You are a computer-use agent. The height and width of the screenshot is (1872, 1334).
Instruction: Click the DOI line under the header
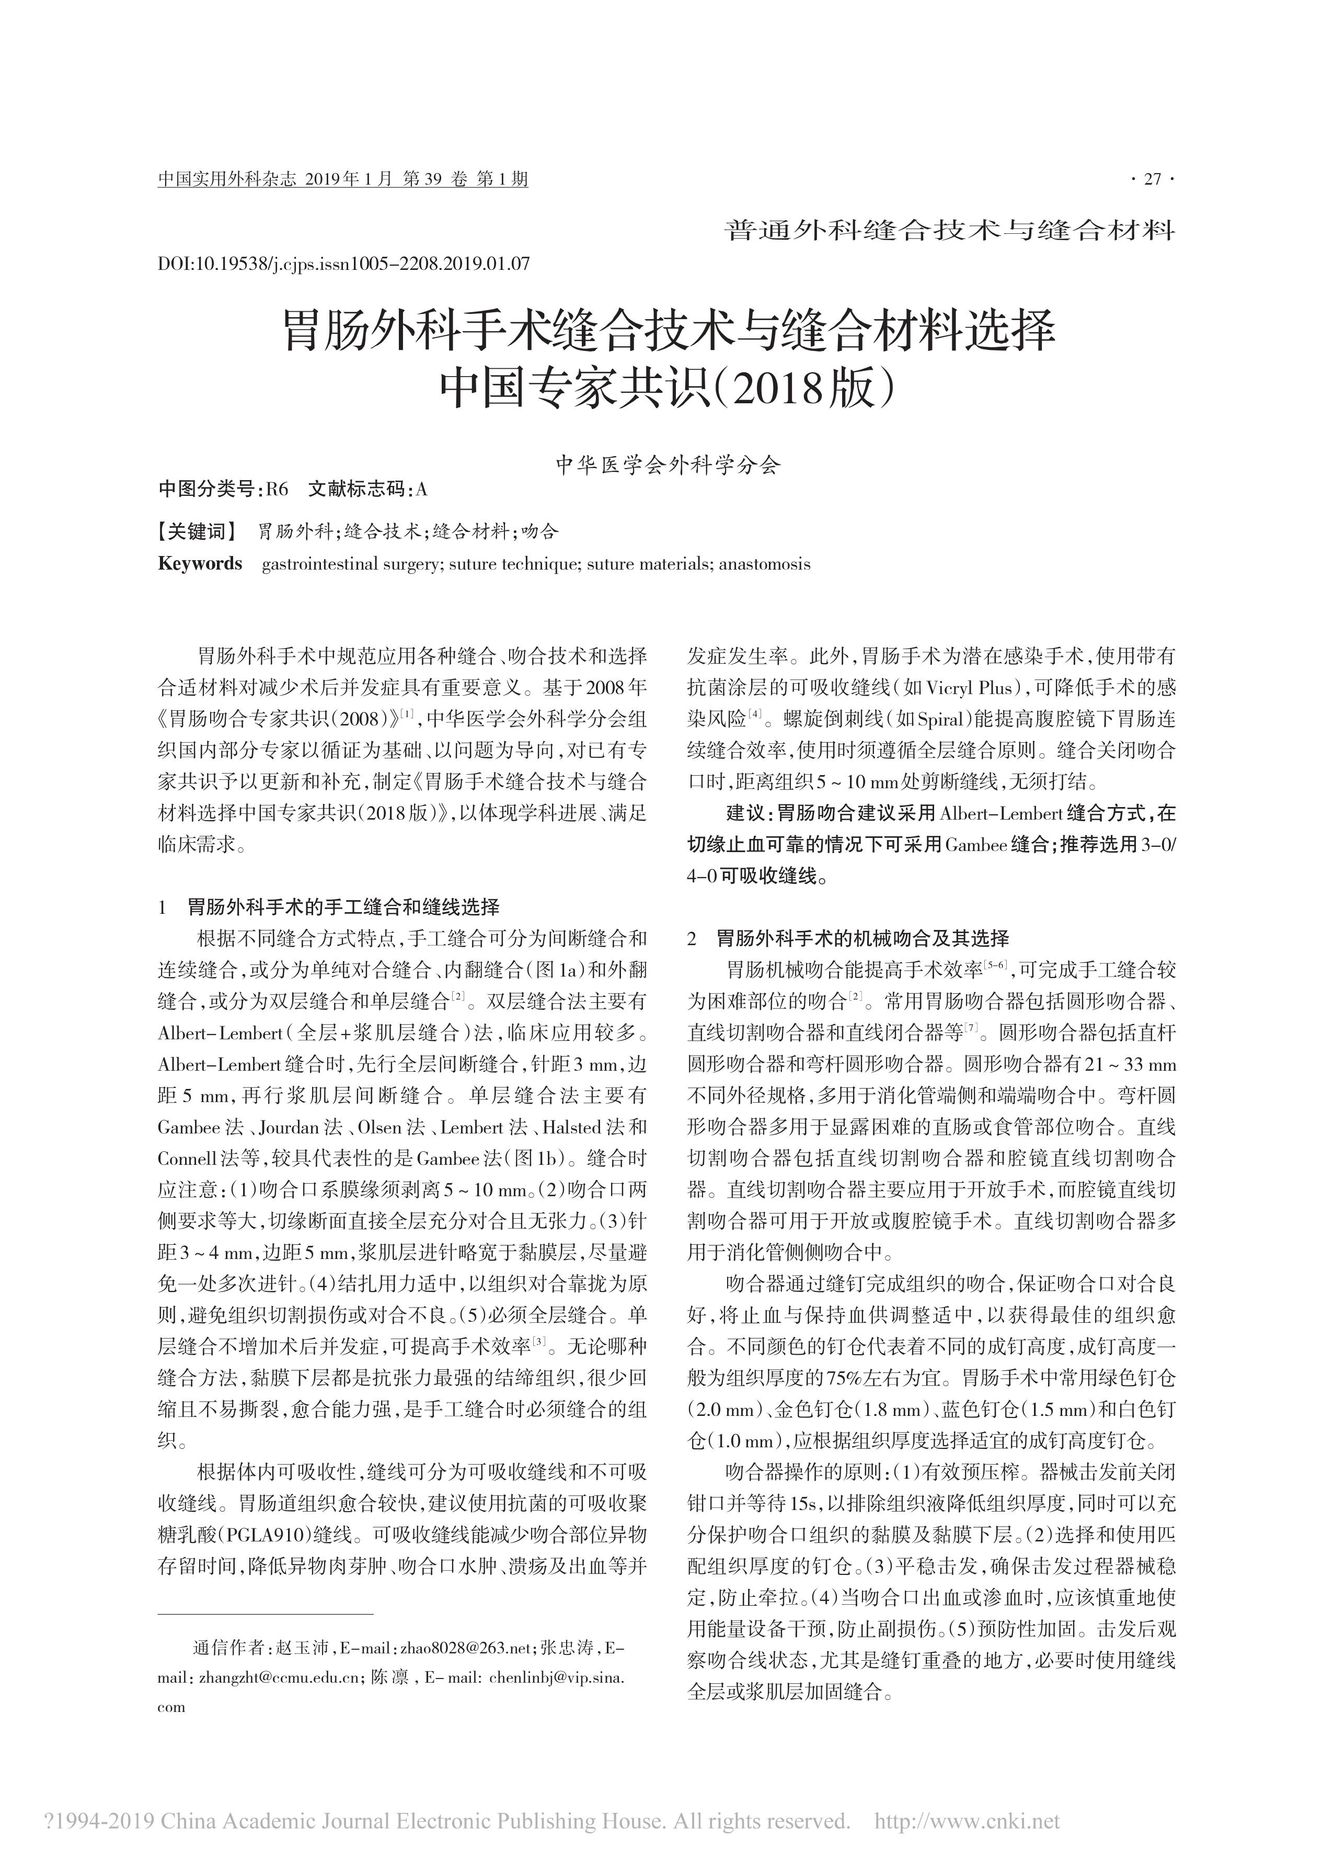(x=343, y=264)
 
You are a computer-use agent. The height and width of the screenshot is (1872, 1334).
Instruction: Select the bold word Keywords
(x=200, y=564)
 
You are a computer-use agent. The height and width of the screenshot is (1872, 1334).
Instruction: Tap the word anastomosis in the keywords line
(x=764, y=564)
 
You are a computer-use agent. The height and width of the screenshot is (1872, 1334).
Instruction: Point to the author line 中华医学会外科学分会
(x=667, y=466)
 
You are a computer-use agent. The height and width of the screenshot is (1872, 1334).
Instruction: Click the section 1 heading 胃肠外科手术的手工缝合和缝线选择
(x=343, y=907)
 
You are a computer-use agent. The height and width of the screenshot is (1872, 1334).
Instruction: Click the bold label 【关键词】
(x=197, y=532)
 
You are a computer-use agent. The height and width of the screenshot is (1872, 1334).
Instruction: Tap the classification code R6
(x=278, y=490)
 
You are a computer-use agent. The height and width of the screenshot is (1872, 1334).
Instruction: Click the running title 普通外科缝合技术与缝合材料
(x=950, y=231)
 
